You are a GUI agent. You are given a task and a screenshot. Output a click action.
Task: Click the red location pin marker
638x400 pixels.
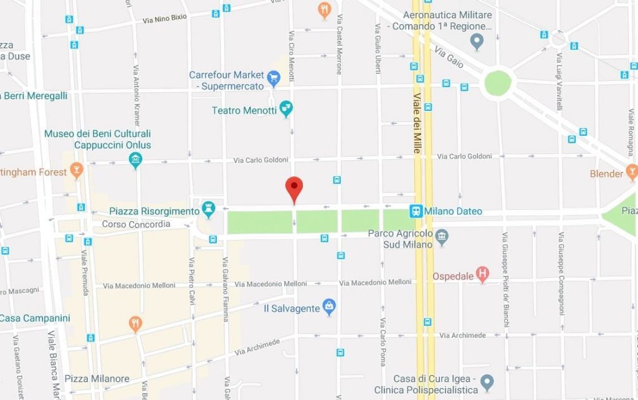point(294,189)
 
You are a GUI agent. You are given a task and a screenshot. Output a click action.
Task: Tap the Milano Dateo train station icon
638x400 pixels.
point(416,211)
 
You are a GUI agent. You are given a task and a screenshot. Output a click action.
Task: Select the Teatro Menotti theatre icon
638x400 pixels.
point(286,110)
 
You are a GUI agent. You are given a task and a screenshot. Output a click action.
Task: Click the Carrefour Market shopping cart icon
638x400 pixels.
point(273,78)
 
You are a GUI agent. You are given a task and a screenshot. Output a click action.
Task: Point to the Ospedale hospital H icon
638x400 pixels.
point(482,274)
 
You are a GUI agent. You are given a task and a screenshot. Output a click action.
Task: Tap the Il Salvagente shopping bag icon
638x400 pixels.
point(329,307)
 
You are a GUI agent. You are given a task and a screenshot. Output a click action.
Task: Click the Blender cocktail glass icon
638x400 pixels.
point(632,171)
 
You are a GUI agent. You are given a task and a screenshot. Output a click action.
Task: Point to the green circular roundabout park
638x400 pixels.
point(498,83)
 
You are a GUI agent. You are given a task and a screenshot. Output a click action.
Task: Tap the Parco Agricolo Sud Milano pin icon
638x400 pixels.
point(442,236)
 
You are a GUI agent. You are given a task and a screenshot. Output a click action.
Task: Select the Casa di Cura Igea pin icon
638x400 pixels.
point(487,382)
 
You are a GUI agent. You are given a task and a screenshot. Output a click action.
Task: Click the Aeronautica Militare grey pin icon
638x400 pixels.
point(477,42)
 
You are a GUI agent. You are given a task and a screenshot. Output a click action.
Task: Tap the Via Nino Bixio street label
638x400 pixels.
point(164,19)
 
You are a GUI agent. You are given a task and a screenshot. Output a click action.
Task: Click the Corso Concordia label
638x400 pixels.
point(135,224)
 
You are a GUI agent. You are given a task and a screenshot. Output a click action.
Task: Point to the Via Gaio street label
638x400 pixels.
point(449,57)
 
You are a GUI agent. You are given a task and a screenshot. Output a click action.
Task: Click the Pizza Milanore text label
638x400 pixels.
point(97,379)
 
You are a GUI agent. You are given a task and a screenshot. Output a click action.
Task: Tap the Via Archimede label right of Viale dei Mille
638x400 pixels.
point(462,335)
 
